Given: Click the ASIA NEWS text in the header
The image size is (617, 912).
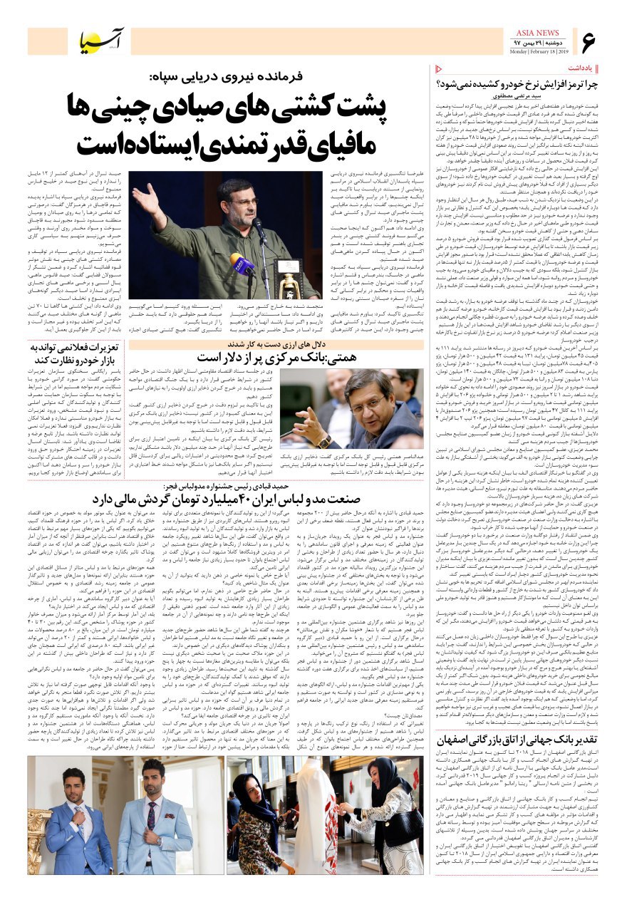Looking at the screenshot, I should pos(538,33).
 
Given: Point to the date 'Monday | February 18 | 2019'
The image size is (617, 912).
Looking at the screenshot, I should pos(538,51).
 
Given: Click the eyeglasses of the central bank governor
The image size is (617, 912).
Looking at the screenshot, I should pos(368,406).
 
